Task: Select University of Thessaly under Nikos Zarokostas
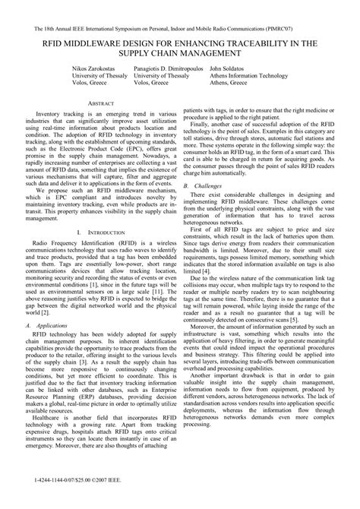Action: tap(100, 76)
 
